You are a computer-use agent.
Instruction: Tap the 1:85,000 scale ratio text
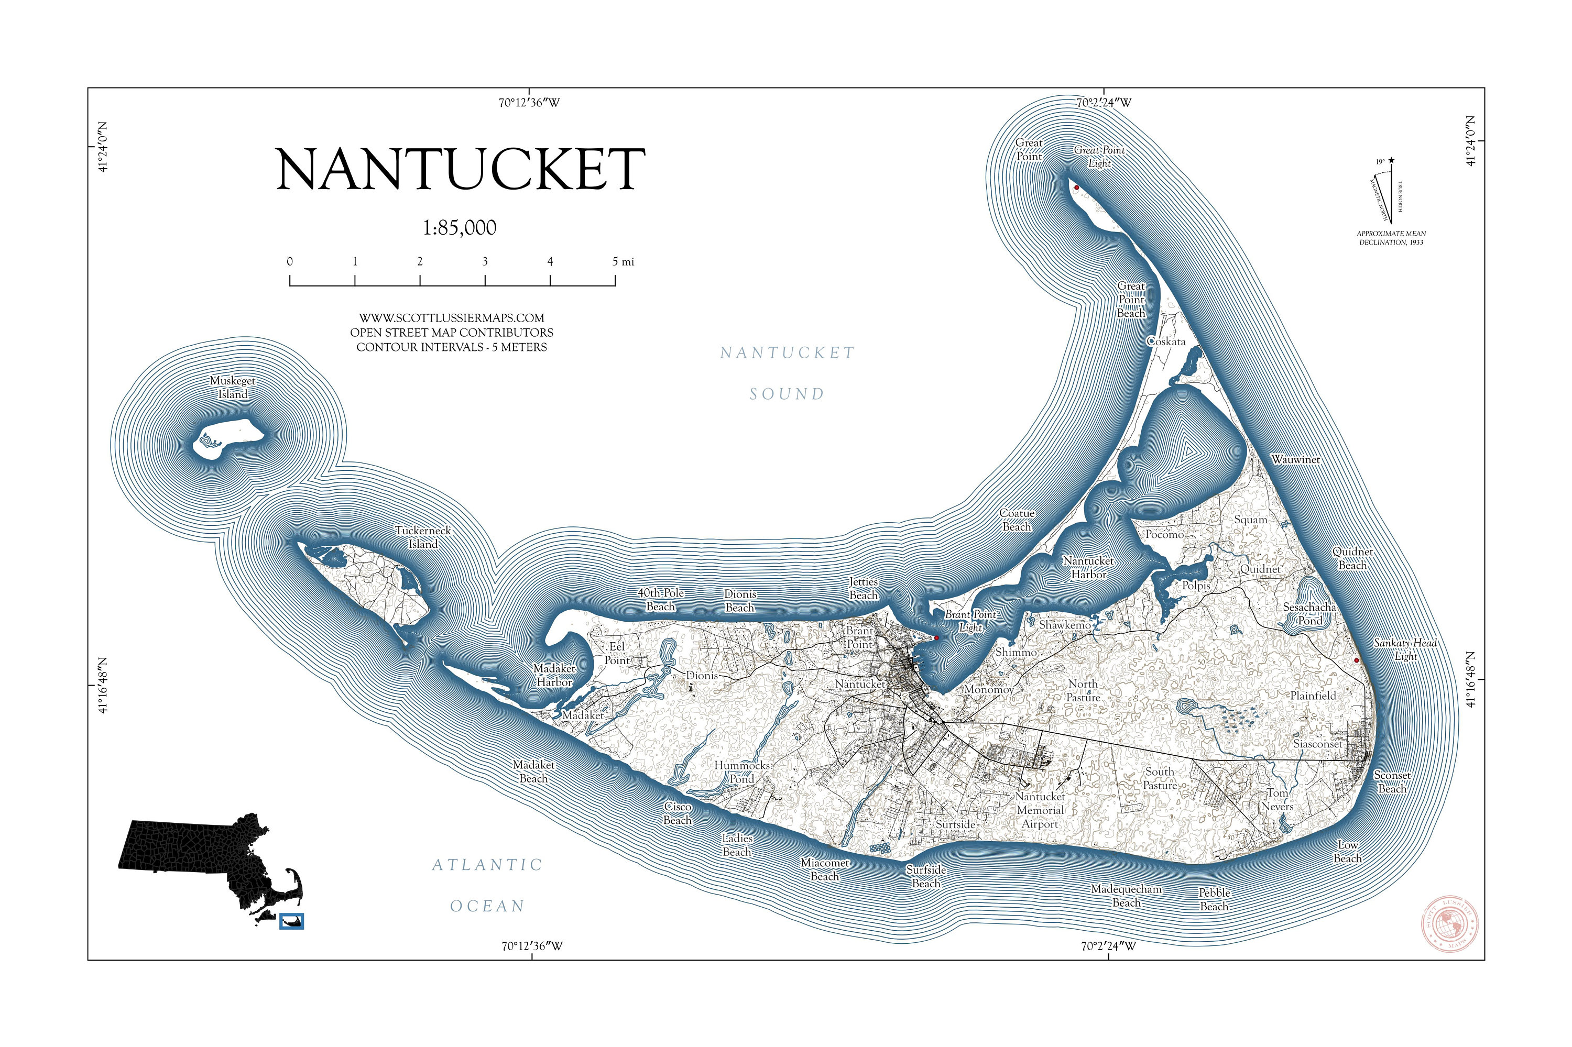pos(460,228)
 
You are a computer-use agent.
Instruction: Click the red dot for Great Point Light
pos(1076,188)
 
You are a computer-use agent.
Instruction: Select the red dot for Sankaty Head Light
pos(1356,660)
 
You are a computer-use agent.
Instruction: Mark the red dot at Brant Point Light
pos(936,638)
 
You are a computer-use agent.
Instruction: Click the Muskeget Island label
pos(233,387)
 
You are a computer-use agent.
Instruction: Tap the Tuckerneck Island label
pos(423,537)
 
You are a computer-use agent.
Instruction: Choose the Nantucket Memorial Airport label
pos(1040,810)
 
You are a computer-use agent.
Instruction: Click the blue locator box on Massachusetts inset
pos(291,921)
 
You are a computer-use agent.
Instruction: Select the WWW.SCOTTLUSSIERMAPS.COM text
pos(452,318)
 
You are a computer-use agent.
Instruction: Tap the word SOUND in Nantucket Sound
pos(787,394)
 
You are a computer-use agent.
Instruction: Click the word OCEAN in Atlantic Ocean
pos(488,906)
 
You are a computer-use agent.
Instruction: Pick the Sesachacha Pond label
pos(1309,614)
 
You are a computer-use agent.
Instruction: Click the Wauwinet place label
pos(1295,459)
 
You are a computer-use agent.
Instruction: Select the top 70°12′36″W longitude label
pos(529,103)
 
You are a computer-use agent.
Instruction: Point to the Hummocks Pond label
pos(741,772)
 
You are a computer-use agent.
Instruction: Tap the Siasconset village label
pos(1317,743)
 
